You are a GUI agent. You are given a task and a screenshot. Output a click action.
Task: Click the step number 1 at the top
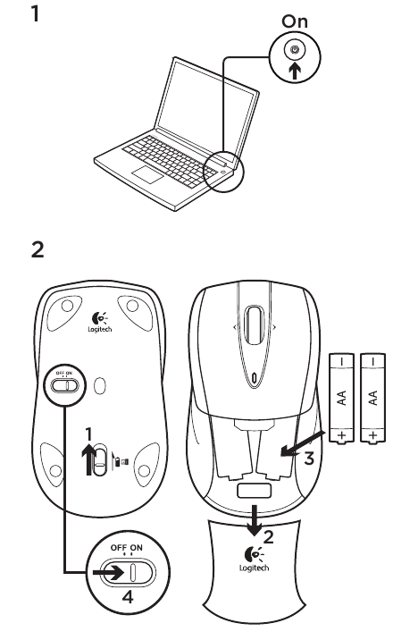coord(38,15)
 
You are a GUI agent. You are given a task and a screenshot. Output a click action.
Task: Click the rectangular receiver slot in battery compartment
coord(254,493)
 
